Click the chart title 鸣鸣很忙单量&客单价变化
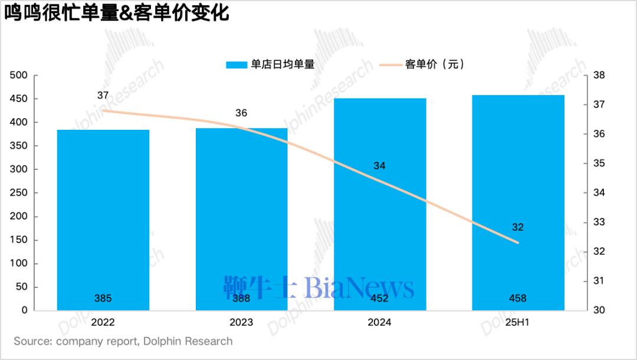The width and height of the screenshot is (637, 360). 117,13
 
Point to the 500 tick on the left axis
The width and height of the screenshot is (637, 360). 19,76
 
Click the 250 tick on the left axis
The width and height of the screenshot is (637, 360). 19,193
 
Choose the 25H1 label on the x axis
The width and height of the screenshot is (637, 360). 518,323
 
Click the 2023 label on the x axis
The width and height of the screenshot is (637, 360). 242,323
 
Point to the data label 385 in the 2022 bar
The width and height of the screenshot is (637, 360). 103,299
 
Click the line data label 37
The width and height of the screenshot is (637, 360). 103,96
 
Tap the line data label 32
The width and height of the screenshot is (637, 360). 518,227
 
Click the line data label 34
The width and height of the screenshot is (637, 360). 380,166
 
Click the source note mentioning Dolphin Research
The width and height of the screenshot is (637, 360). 123,342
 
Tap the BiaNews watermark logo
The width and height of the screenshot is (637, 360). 318,287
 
